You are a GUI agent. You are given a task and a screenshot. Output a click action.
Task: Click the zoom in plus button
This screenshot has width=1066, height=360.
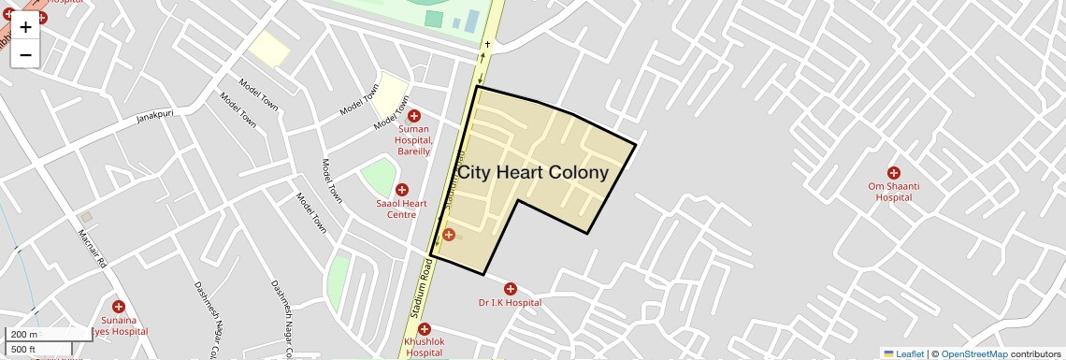25,27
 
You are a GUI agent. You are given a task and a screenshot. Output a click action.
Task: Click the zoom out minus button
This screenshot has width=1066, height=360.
25,54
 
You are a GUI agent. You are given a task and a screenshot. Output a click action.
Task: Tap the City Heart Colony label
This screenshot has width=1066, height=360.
533,173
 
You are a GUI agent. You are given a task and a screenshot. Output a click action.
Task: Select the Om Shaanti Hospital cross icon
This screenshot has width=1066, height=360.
894,173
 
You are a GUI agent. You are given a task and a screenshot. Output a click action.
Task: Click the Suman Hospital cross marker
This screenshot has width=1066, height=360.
413,116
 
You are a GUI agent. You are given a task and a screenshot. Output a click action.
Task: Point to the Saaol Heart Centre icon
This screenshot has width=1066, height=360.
402,190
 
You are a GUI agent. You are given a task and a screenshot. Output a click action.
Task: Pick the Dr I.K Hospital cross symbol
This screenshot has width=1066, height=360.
511,289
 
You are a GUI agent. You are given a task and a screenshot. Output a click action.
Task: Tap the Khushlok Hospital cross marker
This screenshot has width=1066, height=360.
425,329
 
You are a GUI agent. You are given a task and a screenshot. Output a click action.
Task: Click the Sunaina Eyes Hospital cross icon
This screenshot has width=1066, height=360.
119,307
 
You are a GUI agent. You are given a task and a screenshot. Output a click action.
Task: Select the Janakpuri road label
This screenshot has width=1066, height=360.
156,118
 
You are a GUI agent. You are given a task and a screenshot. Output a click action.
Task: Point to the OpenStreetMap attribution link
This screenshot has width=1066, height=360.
974,354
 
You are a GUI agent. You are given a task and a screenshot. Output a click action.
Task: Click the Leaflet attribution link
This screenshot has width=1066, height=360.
909,354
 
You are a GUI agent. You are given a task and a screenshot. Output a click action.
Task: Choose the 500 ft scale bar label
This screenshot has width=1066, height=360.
23,350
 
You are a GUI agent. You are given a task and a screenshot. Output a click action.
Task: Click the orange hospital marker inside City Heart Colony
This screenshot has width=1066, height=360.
449,234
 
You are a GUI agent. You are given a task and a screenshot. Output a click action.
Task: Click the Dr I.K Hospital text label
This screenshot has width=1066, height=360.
510,303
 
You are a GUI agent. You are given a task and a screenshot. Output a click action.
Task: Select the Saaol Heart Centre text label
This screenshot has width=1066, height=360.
401,209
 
